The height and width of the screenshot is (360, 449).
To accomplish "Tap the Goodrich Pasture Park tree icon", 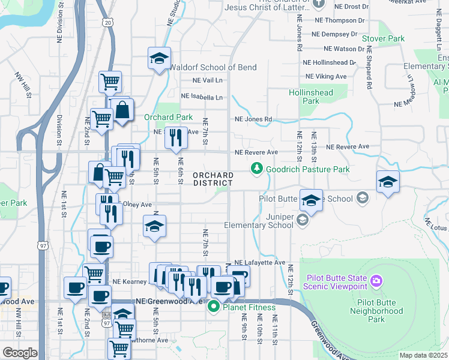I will pyautogui.click(x=257, y=170).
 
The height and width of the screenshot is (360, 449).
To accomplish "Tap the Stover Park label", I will pyautogui.click(x=384, y=38).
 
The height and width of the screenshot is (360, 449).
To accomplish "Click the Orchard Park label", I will pyautogui.click(x=168, y=117).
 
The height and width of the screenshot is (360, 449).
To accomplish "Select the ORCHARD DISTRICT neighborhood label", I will pyautogui.click(x=213, y=179).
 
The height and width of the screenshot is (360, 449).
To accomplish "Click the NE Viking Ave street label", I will pyautogui.click(x=327, y=76).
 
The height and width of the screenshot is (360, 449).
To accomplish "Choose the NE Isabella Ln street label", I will pyautogui.click(x=202, y=97).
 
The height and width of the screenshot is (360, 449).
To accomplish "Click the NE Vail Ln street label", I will pyautogui.click(x=207, y=80).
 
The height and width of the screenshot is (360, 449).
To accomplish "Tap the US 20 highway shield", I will pyautogui.click(x=107, y=39).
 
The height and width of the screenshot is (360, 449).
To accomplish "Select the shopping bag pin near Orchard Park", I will pyautogui.click(x=122, y=110).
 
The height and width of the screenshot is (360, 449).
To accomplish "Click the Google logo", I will pyautogui.click(x=20, y=353).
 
